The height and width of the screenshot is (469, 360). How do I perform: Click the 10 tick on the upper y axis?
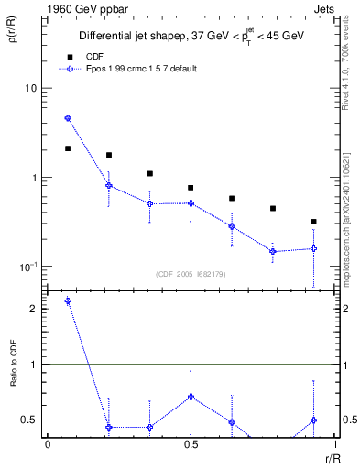(x=31, y=89)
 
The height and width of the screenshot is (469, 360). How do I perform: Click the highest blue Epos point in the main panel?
(x=68, y=118)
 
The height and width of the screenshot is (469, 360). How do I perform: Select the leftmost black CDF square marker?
(x=68, y=148)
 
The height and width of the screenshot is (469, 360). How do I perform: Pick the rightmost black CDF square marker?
(x=313, y=222)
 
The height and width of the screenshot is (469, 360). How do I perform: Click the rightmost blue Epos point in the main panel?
(x=313, y=248)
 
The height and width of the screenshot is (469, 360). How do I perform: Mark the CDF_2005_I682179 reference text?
(x=191, y=274)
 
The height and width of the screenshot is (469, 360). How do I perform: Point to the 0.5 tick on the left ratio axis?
(x=30, y=420)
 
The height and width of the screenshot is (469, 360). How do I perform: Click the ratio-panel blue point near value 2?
(x=68, y=301)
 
